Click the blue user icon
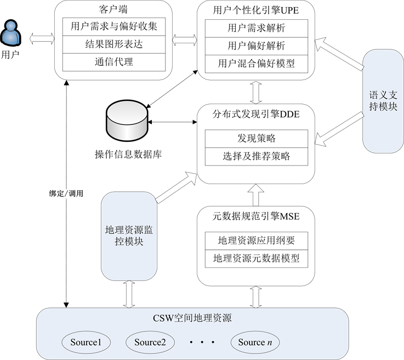coord(11,33)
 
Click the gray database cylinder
coord(128,120)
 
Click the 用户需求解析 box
coord(256,27)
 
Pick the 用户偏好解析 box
coord(256,45)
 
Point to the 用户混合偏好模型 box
coord(256,64)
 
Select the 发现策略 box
coord(256,138)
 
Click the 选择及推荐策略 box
coord(256,156)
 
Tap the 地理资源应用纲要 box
coord(256,241)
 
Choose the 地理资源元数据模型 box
coord(256,259)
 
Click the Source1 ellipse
coord(86,342)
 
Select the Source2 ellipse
coord(150,342)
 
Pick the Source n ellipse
coord(255,342)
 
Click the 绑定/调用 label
coord(66,193)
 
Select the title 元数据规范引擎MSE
coord(256,216)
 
